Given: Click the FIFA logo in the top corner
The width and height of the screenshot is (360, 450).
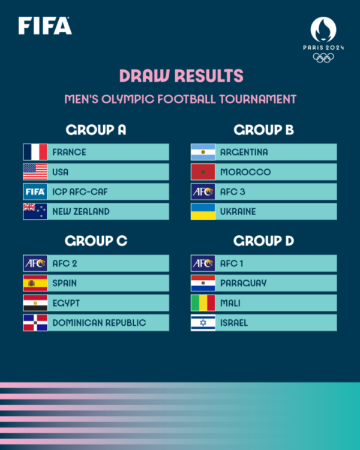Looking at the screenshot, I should click(x=45, y=26).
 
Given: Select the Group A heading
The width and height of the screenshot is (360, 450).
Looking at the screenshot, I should click(x=96, y=130).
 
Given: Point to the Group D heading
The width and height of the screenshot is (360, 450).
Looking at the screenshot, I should click(x=264, y=241).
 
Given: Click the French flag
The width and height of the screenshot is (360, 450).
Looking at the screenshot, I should click(x=35, y=152).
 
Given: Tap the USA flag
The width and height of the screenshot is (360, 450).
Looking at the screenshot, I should click(x=35, y=172).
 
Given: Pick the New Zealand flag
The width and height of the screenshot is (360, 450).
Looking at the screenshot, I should click(x=35, y=211).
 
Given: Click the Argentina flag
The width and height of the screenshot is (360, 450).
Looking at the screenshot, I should click(x=203, y=152).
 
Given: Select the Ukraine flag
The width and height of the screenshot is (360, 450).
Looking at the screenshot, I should click(x=203, y=211).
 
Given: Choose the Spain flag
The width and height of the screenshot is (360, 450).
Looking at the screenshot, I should click(x=35, y=283).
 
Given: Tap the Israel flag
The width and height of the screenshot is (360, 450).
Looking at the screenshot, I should click(x=203, y=323).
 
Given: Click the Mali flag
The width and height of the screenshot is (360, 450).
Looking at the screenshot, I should click(x=203, y=303).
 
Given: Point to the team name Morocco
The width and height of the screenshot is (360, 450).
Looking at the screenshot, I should click(x=245, y=172).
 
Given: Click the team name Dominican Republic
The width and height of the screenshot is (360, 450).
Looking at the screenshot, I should click(x=99, y=323).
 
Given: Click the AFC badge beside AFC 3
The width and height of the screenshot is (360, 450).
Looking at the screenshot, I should click(x=203, y=191).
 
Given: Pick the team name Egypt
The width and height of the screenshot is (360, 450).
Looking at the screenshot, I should click(x=66, y=303).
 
